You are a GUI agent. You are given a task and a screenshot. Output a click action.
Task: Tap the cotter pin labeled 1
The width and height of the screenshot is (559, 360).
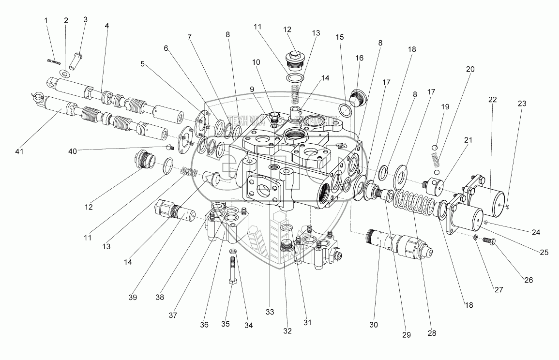pyautogui.click(x=54, y=61)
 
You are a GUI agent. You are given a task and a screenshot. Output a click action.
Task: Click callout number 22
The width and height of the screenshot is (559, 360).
pyautogui.click(x=492, y=100)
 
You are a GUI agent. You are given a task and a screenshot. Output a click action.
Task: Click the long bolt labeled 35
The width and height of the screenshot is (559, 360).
pyautogui.click(x=232, y=271)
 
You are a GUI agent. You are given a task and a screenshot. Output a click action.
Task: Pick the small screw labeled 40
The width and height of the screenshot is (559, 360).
pyautogui.click(x=170, y=147)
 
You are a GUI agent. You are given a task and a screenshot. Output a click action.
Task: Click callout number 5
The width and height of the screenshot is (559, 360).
pyautogui.click(x=142, y=63)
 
